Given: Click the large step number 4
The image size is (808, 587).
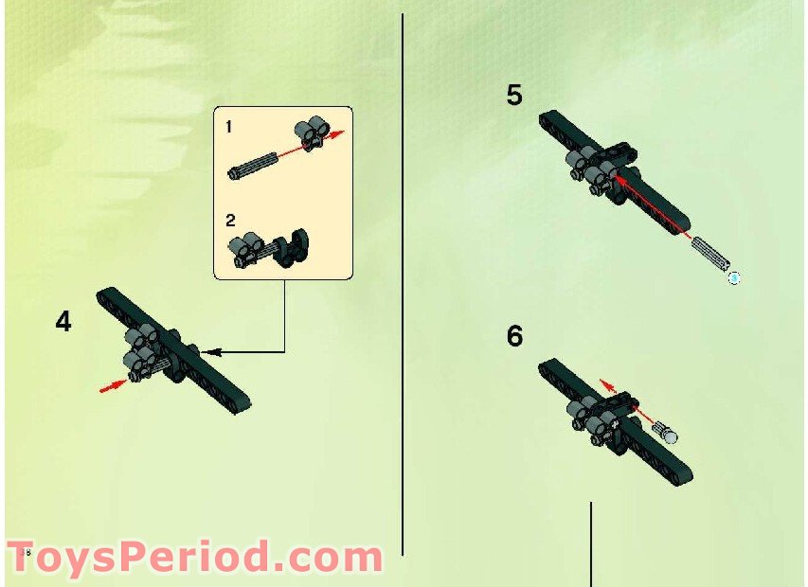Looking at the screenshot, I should coord(63,322).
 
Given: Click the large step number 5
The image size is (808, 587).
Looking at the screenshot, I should coord(514,96).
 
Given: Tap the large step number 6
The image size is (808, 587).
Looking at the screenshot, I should coord(514,336).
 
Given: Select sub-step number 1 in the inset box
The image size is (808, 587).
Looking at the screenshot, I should coord(229,126).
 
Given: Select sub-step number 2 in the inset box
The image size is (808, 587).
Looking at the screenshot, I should coord(230,221).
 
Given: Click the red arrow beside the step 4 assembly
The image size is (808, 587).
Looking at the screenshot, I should coord(113,384).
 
